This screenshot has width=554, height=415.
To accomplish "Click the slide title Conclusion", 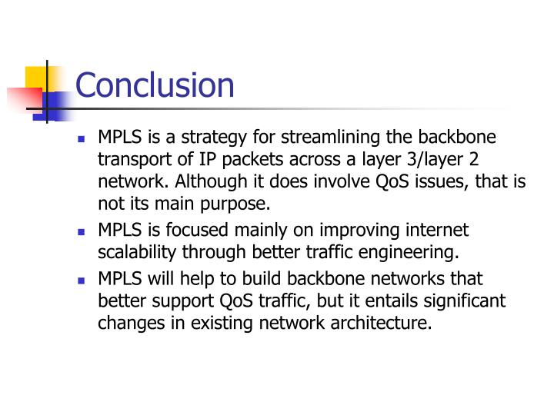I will pyautogui.click(x=155, y=85).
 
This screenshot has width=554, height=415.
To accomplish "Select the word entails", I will pyautogui.click(x=386, y=300).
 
